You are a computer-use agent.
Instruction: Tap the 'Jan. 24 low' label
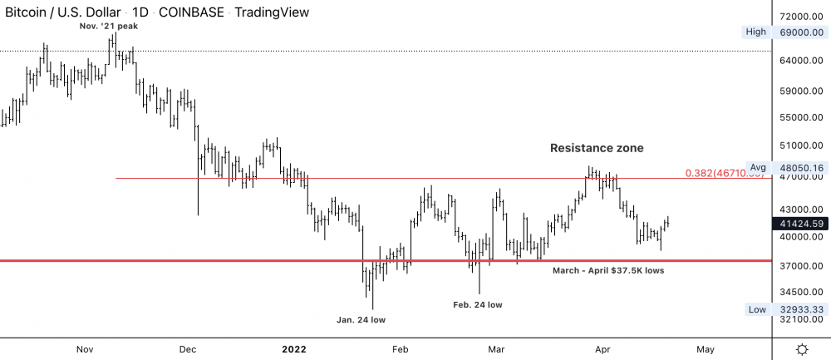coord(361,319)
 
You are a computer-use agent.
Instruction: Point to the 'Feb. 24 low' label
coord(478,304)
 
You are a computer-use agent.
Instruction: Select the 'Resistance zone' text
coord(597,148)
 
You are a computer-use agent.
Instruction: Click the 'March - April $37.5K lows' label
coord(608,270)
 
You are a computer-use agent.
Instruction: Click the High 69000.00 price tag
coord(785,32)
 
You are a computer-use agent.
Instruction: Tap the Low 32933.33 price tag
coord(785,309)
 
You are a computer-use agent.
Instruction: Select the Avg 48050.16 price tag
coord(785,167)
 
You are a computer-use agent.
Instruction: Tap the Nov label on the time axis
coord(85,349)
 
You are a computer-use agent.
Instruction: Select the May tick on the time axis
coord(705,349)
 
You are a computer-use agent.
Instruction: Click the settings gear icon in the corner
coord(802,348)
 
